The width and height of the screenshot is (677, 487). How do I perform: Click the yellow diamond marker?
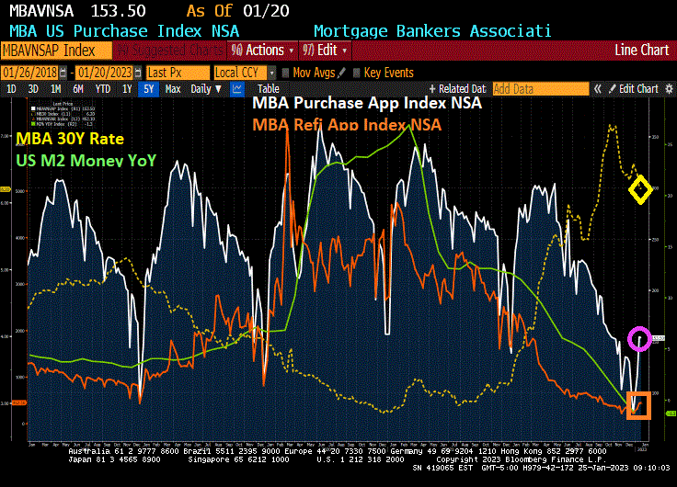[x=640, y=190]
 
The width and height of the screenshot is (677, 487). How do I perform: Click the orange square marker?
[x=638, y=405]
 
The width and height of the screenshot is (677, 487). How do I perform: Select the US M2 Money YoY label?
[x=86, y=160]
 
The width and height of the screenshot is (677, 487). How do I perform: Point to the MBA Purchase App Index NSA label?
[x=367, y=103]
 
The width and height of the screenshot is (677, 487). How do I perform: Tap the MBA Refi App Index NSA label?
[x=347, y=124]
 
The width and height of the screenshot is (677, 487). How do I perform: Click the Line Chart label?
[x=642, y=50]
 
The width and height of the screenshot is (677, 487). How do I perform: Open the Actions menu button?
[x=262, y=50]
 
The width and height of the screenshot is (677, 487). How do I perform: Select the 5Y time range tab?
[x=148, y=89]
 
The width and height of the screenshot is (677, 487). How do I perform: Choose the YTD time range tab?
[x=103, y=89]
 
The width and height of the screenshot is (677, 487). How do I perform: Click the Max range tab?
[x=173, y=89]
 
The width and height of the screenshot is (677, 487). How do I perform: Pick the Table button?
[x=268, y=89]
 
